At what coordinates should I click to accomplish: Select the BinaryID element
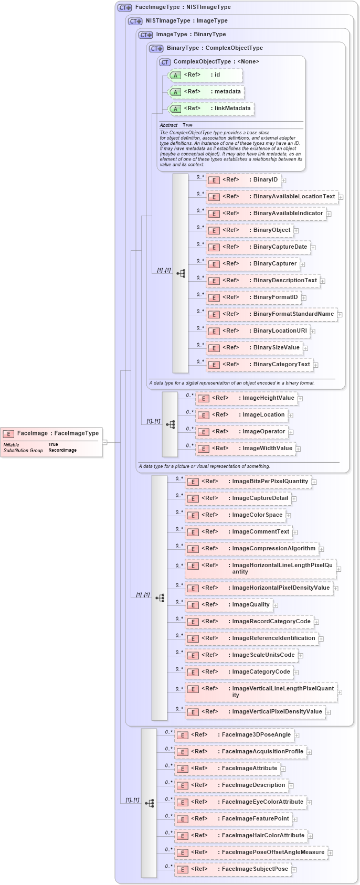243,180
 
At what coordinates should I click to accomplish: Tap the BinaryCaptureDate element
258,247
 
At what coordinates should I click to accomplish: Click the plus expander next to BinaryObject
296,230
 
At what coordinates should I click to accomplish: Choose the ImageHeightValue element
246,398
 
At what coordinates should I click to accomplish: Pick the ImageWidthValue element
245,449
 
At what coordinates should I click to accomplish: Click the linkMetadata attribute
210,109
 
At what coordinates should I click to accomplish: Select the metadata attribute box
206,92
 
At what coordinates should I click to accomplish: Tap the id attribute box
205,75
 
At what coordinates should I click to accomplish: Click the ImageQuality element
228,605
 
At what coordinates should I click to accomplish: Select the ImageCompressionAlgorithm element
251,549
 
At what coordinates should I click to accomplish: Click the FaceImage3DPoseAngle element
234,735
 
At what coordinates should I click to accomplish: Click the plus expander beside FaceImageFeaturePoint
295,819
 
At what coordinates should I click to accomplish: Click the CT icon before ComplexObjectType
165,62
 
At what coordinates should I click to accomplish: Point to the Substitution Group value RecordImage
62,450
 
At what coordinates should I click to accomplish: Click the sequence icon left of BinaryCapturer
181,273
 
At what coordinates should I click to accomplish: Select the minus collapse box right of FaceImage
104,442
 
